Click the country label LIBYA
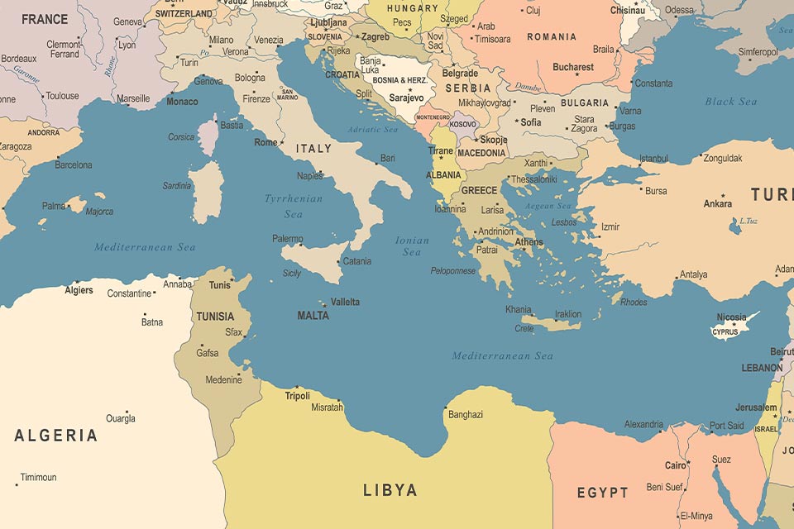click(x=390, y=490)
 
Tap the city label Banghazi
click(x=466, y=415)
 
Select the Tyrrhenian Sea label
click(x=294, y=206)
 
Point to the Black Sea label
click(x=730, y=102)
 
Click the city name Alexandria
click(x=643, y=425)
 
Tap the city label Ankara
click(x=717, y=203)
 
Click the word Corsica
click(x=181, y=137)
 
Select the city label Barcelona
click(x=74, y=165)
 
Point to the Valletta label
click(x=345, y=303)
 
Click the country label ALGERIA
click(x=55, y=436)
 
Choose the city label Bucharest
click(x=573, y=67)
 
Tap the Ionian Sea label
click(x=412, y=246)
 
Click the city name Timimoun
click(x=39, y=478)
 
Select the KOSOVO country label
click(x=463, y=124)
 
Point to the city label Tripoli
click(x=297, y=396)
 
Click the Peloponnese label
click(x=452, y=271)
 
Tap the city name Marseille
click(x=133, y=98)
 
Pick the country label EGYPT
click(x=602, y=493)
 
